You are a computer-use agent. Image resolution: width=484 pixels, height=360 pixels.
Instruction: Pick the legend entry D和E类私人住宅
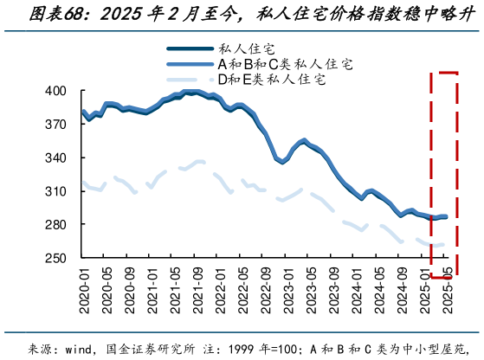(x=270, y=80)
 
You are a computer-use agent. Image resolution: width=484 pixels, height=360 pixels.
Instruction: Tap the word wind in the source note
(x=79, y=349)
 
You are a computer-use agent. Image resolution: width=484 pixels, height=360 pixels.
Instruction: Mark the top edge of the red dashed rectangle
(x=443, y=75)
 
